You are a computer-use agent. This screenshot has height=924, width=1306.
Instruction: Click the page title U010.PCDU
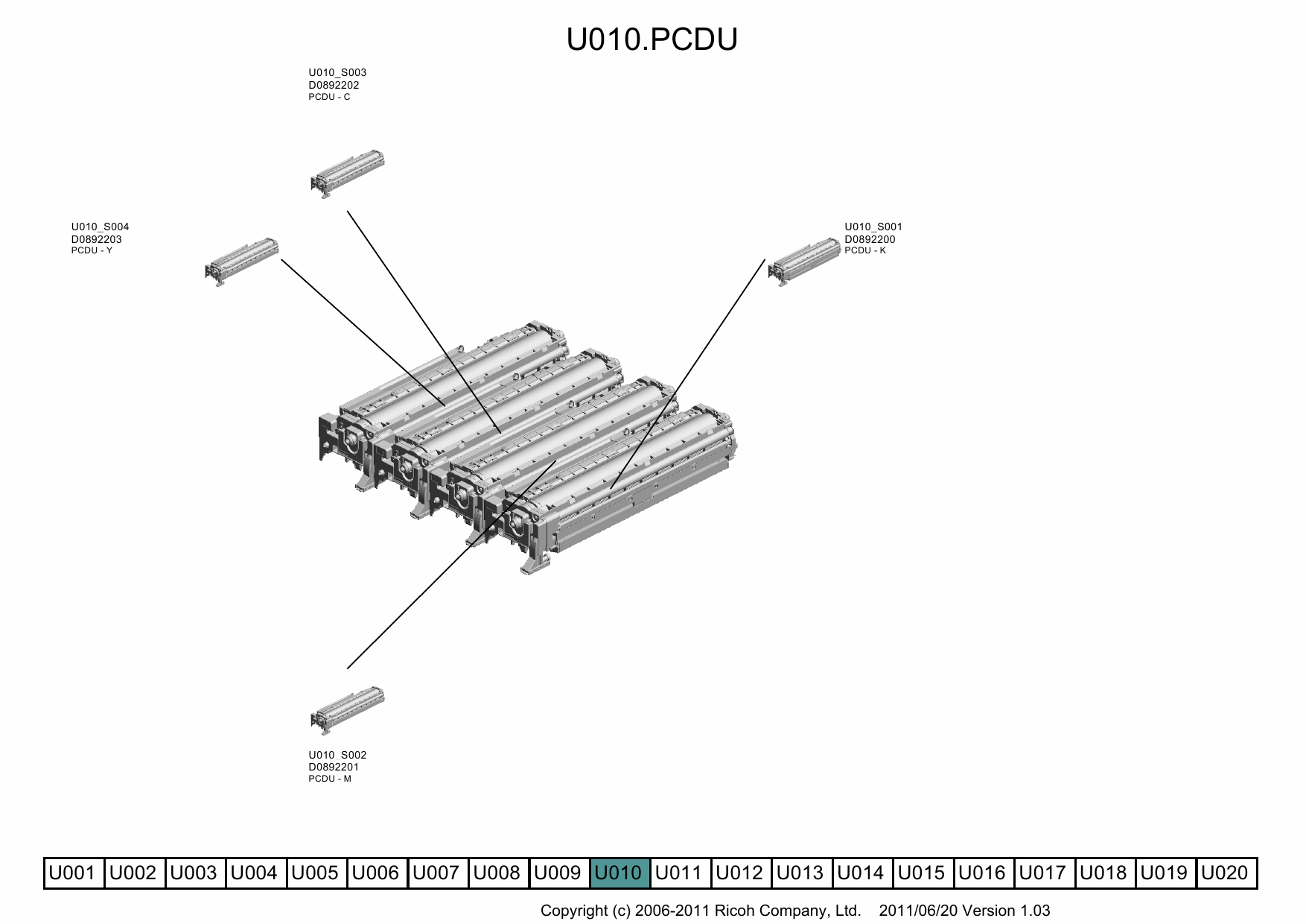pos(652,39)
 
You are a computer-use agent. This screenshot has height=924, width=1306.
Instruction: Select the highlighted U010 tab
pos(619,873)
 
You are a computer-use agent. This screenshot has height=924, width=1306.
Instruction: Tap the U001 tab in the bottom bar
pos(72,873)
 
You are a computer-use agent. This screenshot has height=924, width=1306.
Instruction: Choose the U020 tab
pos(1225,873)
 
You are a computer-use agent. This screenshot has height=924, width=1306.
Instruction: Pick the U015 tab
pos(922,873)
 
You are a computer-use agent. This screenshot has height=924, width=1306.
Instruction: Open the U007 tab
pos(436,873)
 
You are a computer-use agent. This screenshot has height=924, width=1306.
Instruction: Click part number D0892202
pos(334,85)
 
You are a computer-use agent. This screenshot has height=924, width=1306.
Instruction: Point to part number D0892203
pos(96,239)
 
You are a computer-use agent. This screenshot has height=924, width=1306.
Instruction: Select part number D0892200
pos(870,239)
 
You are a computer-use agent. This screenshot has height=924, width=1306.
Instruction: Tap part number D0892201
pos(334,767)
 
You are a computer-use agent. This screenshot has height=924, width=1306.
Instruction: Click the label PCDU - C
pos(329,97)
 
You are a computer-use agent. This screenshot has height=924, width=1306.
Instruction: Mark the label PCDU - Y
pos(92,250)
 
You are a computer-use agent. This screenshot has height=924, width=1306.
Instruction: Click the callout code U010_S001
pos(873,227)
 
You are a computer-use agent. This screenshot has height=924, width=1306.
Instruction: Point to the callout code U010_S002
pos(337,755)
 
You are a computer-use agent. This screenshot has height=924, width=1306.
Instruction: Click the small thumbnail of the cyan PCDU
pos(347,174)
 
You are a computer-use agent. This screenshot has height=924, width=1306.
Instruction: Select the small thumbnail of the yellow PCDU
pos(242,262)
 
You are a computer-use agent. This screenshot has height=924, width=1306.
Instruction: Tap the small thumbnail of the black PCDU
pos(804,262)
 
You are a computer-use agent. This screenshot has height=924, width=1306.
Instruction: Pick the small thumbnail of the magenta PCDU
pos(347,710)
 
